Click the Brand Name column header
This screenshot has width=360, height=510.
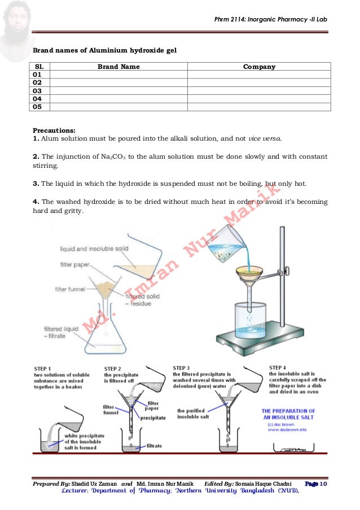click(118, 67)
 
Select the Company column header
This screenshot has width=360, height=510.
click(259, 67)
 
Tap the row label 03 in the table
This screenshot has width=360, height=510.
click(38, 90)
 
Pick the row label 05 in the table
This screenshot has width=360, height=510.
click(38, 106)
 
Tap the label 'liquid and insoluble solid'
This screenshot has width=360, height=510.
click(94, 249)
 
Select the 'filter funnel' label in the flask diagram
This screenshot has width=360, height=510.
click(69, 290)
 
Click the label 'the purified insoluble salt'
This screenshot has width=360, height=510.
click(196, 414)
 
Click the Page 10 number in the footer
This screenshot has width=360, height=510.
click(320, 484)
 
